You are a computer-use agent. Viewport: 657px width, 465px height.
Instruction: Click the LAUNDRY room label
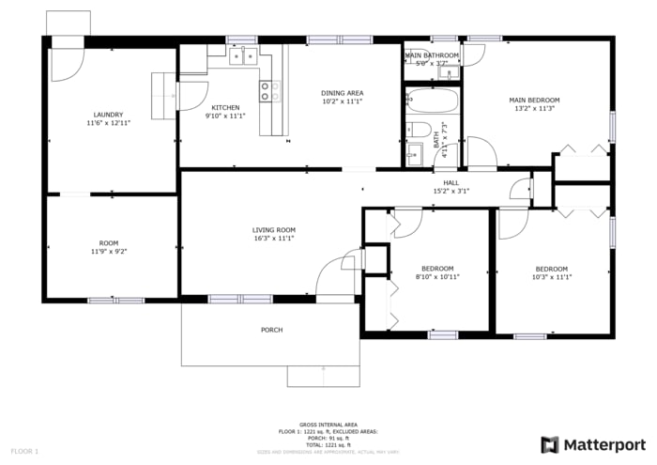[x=108, y=115]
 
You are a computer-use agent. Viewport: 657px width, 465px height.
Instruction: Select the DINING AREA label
[x=342, y=93]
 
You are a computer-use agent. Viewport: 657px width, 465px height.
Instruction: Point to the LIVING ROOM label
[x=273, y=230]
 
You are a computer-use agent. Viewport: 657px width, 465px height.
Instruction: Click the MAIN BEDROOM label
[x=534, y=100]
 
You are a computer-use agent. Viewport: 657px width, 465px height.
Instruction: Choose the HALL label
[x=451, y=182]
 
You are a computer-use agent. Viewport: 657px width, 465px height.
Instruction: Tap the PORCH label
[x=271, y=330]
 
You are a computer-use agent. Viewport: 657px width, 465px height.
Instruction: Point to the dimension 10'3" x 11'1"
[x=551, y=277]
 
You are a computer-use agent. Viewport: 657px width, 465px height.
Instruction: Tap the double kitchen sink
[x=245, y=57]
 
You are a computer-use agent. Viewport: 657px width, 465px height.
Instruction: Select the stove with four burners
[x=269, y=91]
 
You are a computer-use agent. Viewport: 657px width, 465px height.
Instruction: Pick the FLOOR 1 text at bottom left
[x=24, y=452]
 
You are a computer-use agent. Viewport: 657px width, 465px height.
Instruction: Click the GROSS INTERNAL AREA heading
[x=328, y=425]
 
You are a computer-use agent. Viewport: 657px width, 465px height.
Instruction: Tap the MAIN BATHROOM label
[x=432, y=55]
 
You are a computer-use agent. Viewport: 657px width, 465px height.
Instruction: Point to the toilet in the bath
[x=419, y=130]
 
